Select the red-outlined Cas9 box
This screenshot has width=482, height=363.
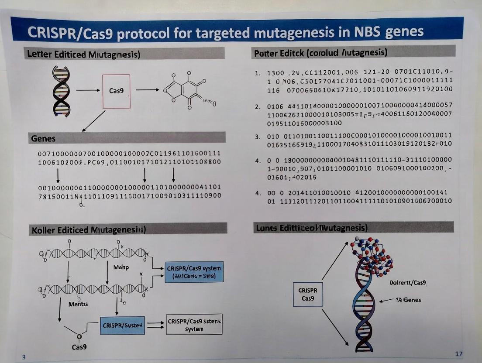point(116,91)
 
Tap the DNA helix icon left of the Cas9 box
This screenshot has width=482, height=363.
point(61,91)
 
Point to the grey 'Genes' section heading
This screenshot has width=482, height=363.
point(43,138)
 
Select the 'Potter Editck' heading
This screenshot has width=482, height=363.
point(320,53)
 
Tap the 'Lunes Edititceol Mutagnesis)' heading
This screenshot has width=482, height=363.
point(310,228)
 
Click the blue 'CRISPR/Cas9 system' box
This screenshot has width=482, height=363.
point(194,272)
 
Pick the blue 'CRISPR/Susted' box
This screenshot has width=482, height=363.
point(122,325)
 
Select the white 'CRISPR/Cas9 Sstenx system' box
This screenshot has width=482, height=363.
point(194,325)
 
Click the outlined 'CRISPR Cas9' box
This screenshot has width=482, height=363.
point(308,294)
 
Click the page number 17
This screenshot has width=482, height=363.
point(458,353)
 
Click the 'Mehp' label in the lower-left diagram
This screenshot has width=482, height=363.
point(121,267)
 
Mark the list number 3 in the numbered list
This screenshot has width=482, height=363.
point(257,137)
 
